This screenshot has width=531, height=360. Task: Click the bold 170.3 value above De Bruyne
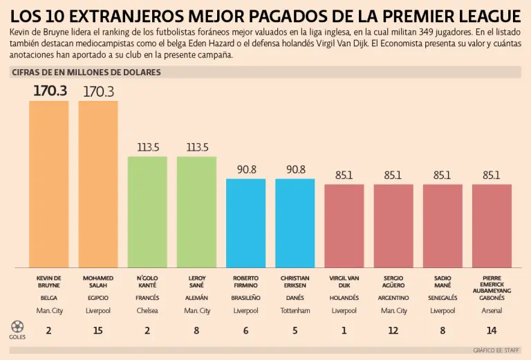point(50,91)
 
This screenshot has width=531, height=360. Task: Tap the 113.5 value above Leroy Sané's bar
point(197,147)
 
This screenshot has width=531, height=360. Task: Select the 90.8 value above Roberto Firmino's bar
point(246,169)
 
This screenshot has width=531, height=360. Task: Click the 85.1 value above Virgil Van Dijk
point(344,176)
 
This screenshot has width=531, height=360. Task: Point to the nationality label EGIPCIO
point(97,298)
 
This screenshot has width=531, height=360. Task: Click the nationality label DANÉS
point(295,298)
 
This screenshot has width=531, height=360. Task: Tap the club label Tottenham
point(295,311)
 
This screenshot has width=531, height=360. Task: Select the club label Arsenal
point(492,311)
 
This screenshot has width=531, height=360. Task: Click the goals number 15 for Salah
point(97,330)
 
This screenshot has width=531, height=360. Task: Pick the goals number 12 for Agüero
point(393,330)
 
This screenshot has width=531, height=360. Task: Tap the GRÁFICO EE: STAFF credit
point(497,350)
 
